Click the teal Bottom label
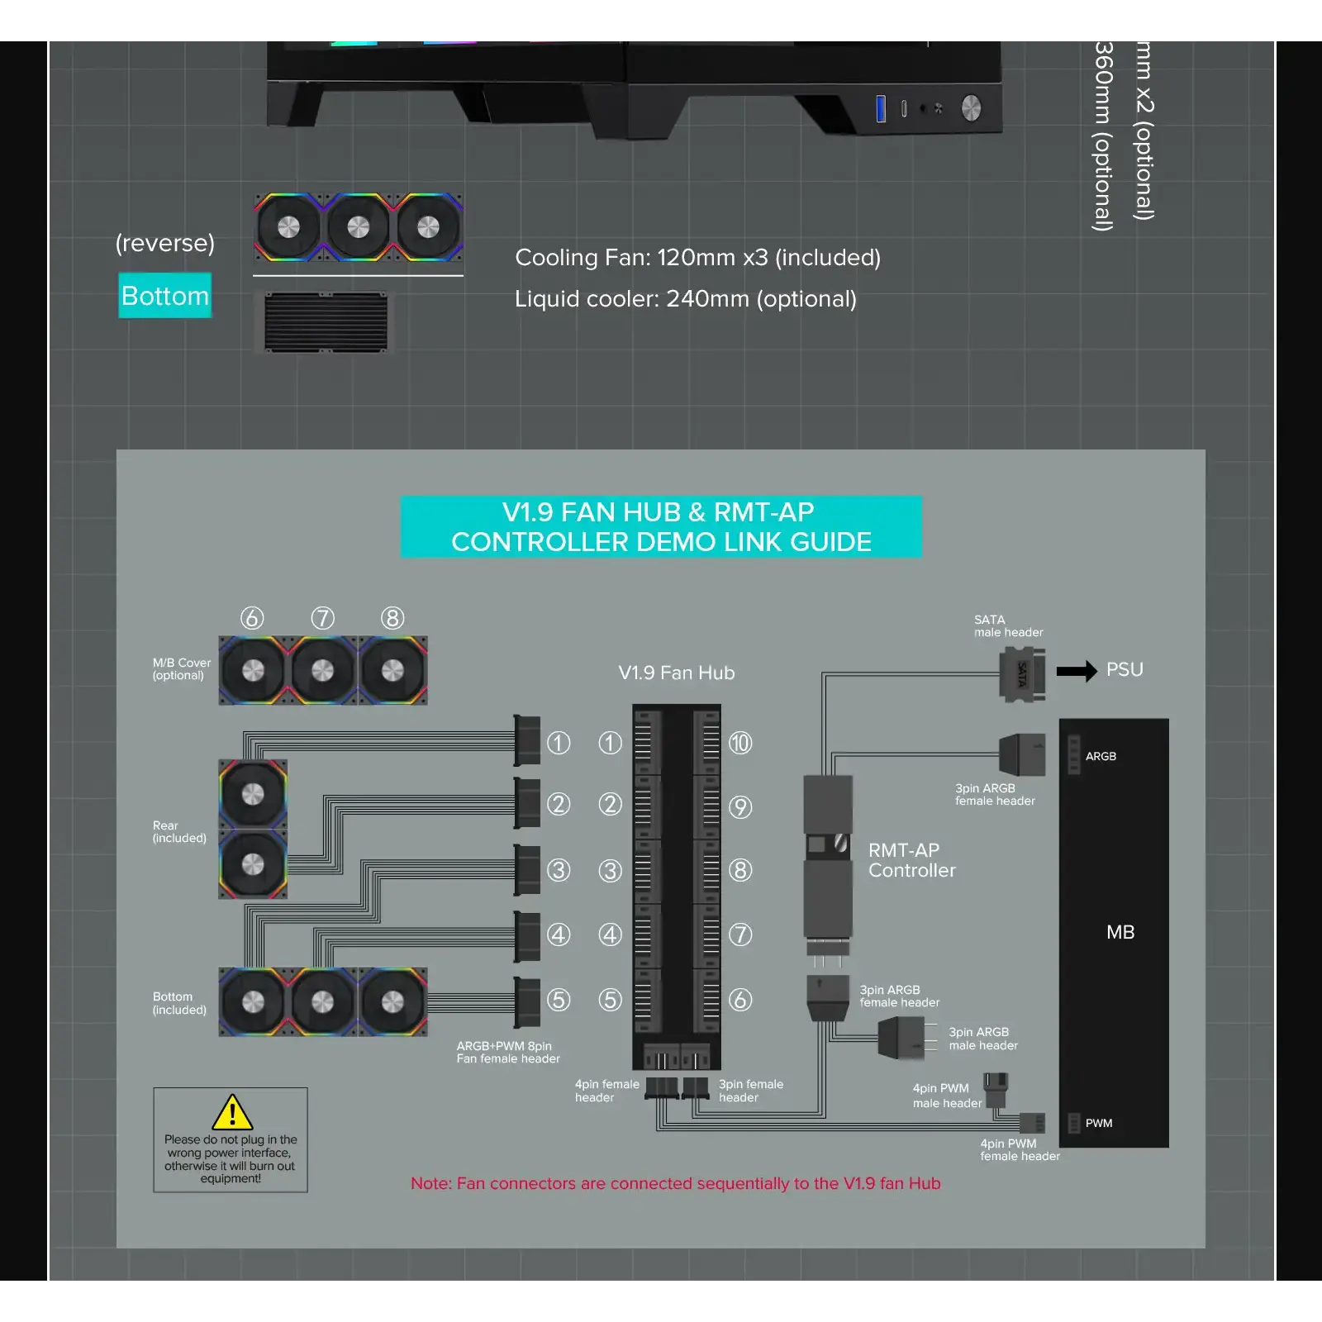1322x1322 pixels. (164, 295)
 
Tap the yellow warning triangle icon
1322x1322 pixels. (232, 1112)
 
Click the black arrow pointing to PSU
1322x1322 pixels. (1076, 670)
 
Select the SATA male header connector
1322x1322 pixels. (1022, 674)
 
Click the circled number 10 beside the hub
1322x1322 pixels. (740, 744)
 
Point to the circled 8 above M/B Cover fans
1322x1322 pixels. (392, 618)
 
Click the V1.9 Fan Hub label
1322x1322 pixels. (676, 673)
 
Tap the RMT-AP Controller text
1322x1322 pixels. (911, 860)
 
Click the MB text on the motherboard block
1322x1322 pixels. (1120, 932)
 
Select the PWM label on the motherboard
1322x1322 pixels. (1098, 1123)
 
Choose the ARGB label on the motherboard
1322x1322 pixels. (1100, 756)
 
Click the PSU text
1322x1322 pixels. (1125, 669)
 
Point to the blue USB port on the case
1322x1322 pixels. (881, 108)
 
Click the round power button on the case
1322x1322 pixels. (971, 107)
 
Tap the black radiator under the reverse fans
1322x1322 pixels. (326, 322)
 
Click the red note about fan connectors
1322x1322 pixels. (675, 1183)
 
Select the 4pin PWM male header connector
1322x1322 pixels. (995, 1089)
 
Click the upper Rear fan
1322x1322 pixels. (253, 794)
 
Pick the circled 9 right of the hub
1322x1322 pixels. (740, 807)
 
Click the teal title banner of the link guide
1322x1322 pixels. (661, 526)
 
